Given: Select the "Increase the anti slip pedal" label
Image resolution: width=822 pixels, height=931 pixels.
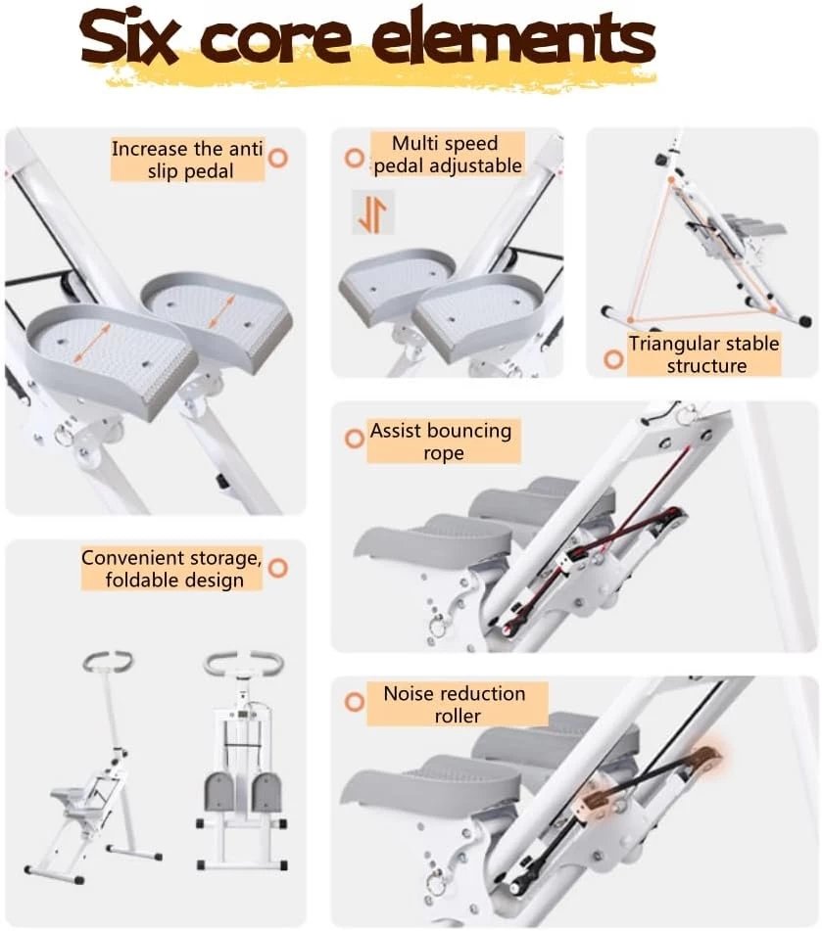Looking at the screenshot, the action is [187, 160].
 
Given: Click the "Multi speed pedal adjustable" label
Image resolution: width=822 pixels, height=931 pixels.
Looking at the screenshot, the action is [448, 155].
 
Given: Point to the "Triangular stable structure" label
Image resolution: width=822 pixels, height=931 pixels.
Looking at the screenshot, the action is [703, 354].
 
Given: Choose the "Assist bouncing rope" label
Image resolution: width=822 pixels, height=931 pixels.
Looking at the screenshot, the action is [444, 442].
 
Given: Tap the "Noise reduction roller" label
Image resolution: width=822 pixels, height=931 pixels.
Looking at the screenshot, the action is [457, 704].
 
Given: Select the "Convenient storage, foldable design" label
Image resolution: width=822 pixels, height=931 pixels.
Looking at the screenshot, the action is [171, 569].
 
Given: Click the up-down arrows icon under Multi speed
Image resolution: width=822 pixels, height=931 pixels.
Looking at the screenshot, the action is [372, 212].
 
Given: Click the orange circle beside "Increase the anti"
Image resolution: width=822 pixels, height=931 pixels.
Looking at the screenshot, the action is [278, 159].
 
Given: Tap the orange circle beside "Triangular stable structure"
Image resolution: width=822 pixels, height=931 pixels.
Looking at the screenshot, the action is [613, 359].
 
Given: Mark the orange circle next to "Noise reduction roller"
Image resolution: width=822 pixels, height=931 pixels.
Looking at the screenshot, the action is [355, 702].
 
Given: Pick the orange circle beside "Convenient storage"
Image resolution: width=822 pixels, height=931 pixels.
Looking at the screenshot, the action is [278, 568].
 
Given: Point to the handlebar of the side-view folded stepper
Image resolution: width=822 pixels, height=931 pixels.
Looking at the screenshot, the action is [108, 660].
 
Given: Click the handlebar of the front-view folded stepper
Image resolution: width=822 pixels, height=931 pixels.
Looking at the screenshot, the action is [243, 663].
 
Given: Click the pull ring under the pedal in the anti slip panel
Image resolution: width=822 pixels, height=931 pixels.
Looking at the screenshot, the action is [65, 437].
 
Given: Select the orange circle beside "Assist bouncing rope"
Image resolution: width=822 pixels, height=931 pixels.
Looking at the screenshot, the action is [355, 439].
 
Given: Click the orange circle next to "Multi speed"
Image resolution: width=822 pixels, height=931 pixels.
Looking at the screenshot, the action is [355, 158].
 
